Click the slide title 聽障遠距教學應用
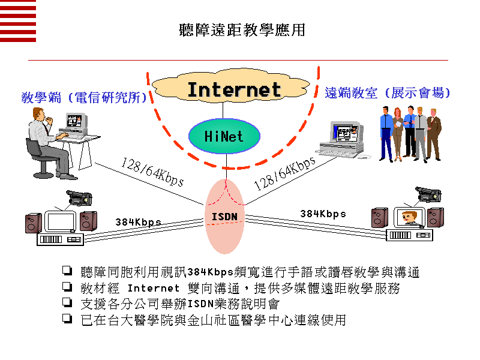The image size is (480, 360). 242,29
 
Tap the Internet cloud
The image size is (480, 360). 234,90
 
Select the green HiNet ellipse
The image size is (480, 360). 224,136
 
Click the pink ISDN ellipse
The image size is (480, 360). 225,216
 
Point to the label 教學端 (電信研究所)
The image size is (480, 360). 84,97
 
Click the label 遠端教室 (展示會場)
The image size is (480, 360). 388,93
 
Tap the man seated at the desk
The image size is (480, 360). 45,138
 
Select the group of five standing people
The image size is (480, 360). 410,133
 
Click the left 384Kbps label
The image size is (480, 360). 139,222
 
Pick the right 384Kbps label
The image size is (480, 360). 323,214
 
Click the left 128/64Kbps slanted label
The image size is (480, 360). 152,172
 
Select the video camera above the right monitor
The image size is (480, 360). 428,194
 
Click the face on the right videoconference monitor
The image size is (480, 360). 410,217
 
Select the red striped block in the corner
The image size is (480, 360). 18,21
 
